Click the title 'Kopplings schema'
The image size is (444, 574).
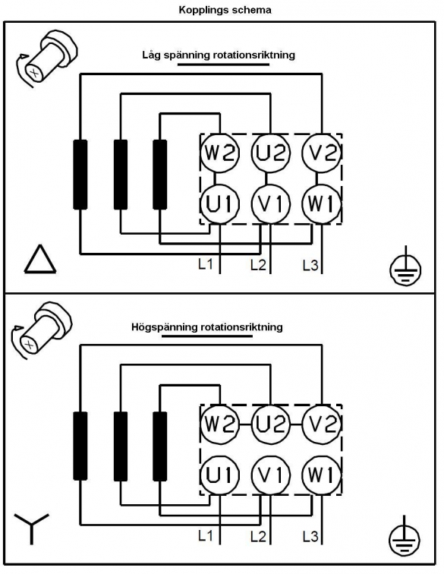(225, 10)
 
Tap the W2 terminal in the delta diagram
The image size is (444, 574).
(219, 153)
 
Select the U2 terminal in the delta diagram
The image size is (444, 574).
(270, 153)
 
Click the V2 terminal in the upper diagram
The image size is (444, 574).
(321, 153)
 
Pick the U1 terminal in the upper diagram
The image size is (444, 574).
(219, 203)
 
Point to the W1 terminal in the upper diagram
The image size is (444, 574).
(321, 203)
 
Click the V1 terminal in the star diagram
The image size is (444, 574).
(270, 475)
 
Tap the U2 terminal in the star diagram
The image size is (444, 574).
(270, 424)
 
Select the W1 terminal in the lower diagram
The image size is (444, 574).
(321, 475)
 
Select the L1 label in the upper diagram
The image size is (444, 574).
(206, 264)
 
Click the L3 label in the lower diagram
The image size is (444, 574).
(310, 537)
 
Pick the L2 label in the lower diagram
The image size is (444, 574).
(258, 537)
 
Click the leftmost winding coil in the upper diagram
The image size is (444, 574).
(80, 175)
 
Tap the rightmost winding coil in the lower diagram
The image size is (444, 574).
(159, 446)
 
